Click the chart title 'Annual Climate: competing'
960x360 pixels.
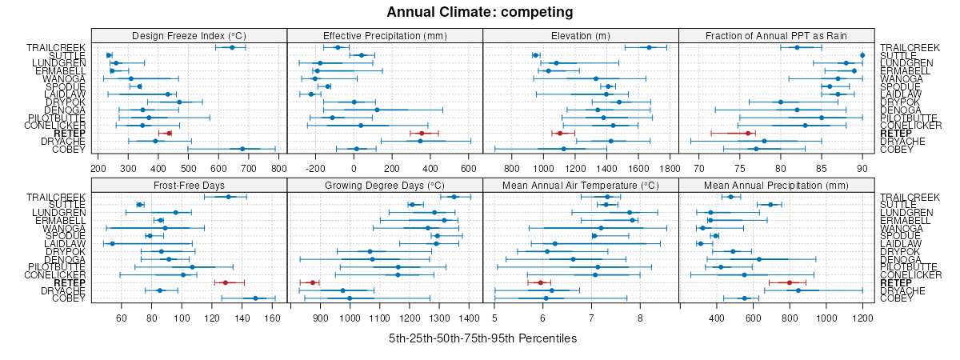point(480,12)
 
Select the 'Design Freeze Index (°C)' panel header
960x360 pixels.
point(189,35)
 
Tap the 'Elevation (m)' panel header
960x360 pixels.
point(581,35)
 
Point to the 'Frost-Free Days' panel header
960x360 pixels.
point(189,185)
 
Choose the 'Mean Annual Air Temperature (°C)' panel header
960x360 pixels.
point(581,185)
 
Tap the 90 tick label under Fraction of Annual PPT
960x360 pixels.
point(862,168)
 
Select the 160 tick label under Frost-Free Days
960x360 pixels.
point(273,318)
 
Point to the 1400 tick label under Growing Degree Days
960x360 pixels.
point(470,318)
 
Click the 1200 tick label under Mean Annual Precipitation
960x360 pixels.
point(862,318)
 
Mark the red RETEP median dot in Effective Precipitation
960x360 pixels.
point(422,133)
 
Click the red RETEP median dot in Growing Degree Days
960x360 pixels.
point(313,282)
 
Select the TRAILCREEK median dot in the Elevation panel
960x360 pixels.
point(649,47)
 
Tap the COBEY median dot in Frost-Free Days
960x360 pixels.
point(256,298)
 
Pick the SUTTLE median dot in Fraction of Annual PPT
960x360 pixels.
point(862,55)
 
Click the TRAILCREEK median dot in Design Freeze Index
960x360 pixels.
point(233,47)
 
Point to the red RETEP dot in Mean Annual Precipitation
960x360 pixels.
point(790,282)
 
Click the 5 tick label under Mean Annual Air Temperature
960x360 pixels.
point(494,318)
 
